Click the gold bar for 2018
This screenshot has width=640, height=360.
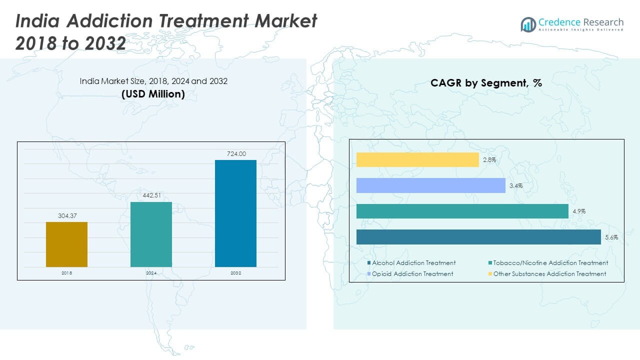tap(66, 244)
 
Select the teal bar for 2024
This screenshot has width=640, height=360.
tap(151, 234)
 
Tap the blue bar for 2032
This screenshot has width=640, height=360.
tap(235, 213)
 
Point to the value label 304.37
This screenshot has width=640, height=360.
tap(66, 216)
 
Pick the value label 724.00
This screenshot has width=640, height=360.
tap(235, 154)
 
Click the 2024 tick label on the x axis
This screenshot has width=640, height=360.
tap(151, 273)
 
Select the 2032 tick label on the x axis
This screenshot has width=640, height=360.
tap(235, 273)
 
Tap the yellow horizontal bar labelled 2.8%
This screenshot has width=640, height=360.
tap(417, 160)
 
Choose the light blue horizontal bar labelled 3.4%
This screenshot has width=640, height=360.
tap(431, 185)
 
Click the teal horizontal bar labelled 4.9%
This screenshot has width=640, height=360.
tap(462, 211)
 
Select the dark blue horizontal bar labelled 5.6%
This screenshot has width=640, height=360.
tap(478, 237)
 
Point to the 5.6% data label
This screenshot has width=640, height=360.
tap(611, 237)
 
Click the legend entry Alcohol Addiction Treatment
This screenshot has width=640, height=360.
tap(413, 263)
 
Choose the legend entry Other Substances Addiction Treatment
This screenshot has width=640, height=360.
tap(549, 274)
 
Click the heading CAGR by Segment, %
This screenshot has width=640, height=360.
tap(486, 83)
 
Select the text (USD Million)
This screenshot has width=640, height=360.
tap(153, 94)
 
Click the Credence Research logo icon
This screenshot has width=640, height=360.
tap(528, 24)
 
